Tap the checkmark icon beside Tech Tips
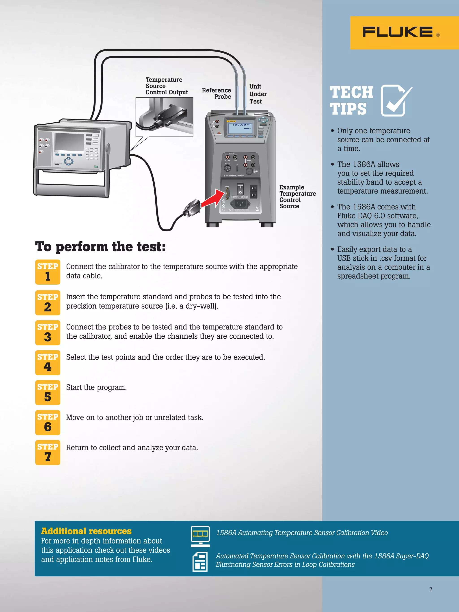pos(396,101)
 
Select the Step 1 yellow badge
pos(48,272)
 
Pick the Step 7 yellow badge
pos(48,452)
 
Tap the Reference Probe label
pos(217,93)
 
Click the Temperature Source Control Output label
pos(166,86)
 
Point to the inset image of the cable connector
pos(164,117)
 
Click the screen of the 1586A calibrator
pos(69,142)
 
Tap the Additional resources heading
pos(86,531)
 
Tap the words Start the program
pos(96,387)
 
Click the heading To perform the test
pos(100,247)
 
